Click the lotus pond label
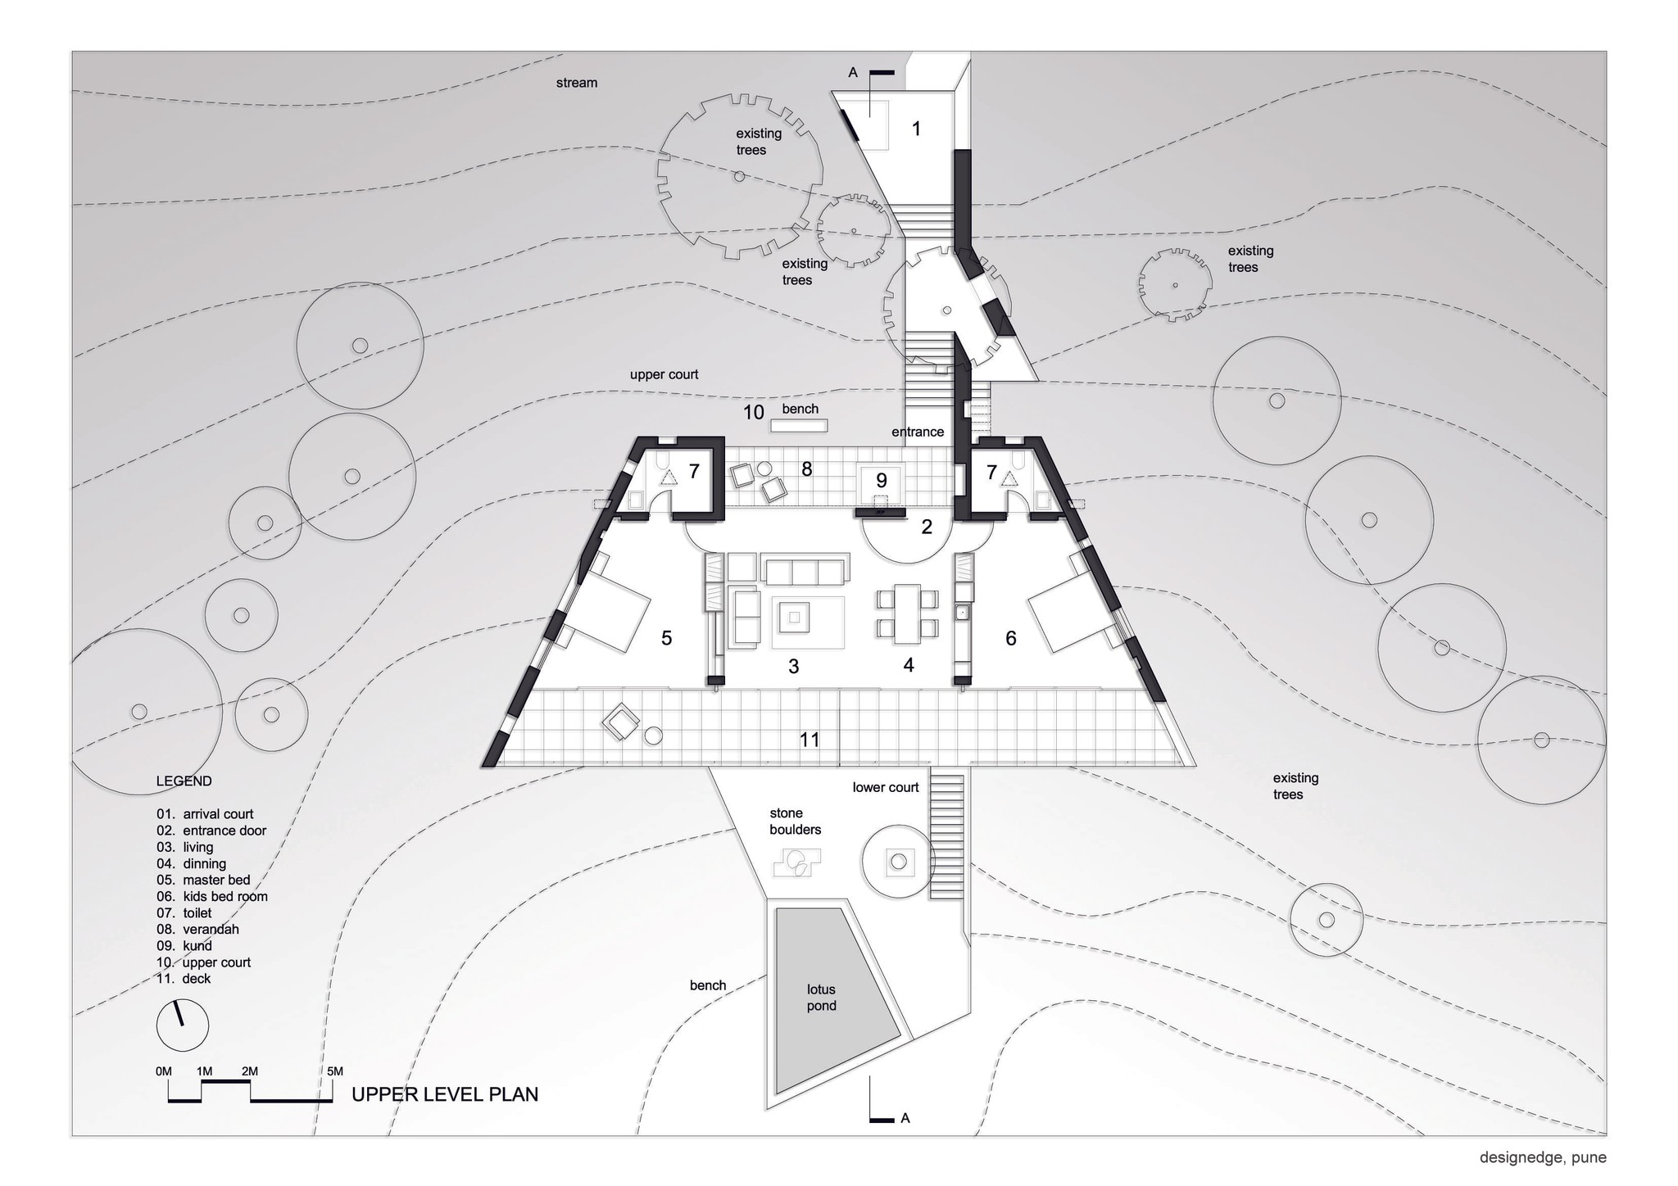[821, 998]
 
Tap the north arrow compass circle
[182, 1025]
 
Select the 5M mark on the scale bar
[334, 1071]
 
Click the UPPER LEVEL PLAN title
[445, 1094]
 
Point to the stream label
[577, 83]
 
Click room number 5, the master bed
[666, 638]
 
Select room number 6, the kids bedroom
[1010, 638]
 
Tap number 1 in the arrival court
[916, 129]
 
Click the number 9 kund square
[881, 482]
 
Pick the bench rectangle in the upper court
[798, 425]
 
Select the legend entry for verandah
[211, 929]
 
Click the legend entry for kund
[197, 945]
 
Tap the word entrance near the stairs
[918, 432]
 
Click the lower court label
[886, 787]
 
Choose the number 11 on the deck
[810, 740]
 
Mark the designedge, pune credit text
[1542, 1157]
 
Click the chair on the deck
[620, 723]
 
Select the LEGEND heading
[184, 781]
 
